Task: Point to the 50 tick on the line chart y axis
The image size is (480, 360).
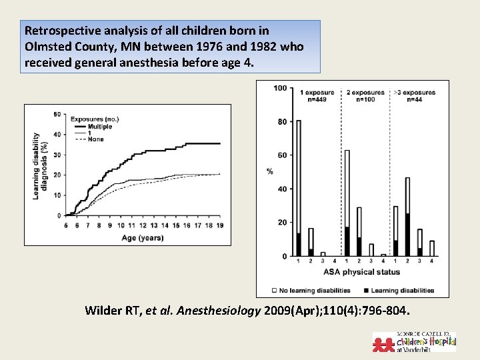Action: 56,115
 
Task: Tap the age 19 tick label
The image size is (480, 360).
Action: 219,225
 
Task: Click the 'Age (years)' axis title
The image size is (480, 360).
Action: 141,237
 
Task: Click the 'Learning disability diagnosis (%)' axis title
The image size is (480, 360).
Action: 39,165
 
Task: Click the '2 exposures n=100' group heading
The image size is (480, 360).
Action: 365,95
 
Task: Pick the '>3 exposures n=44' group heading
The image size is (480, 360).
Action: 414,95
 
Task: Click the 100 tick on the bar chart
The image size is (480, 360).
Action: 280,88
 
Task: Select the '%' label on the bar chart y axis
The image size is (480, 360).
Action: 270,172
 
